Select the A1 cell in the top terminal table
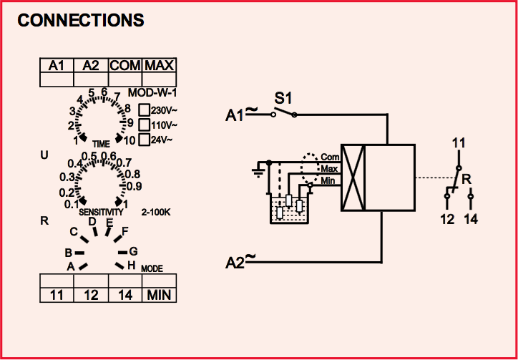point(57,66)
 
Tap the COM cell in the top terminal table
point(125,66)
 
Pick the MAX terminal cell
point(159,66)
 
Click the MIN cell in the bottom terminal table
point(159,295)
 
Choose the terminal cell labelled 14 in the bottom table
point(125,295)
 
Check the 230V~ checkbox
point(144,110)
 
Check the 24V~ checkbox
point(144,139)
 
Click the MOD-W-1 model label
point(151,93)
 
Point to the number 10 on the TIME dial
point(129,140)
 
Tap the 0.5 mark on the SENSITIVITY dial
point(89,157)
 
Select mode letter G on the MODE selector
point(133,251)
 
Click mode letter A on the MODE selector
point(71,266)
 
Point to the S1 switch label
point(283,97)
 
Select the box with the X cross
point(353,178)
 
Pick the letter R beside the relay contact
point(466,178)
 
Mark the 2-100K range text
point(156,213)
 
